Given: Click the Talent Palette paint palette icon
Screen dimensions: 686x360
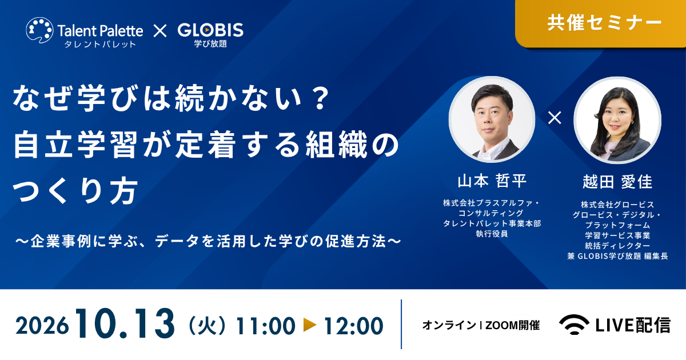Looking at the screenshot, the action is pyautogui.click(x=39, y=30).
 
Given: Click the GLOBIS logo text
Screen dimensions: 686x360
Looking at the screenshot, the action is pyautogui.click(x=210, y=30).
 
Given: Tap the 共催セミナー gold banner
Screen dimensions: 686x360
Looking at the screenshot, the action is pyautogui.click(x=601, y=23).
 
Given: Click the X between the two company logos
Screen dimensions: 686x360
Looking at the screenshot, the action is pyautogui.click(x=160, y=31).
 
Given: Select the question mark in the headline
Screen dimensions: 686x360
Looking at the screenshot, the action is pyautogui.click(x=321, y=98).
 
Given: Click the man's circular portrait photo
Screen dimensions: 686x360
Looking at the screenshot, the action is pyautogui.click(x=492, y=119).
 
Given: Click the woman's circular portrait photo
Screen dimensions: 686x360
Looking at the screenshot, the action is pyautogui.click(x=617, y=119).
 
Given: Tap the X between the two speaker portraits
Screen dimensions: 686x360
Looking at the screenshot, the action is pyautogui.click(x=555, y=118).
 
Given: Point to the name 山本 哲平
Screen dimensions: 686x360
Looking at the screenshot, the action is pyautogui.click(x=492, y=181).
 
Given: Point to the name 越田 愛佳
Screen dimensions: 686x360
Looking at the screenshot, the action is pyautogui.click(x=617, y=182).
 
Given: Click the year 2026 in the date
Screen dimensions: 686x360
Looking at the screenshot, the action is pyautogui.click(x=42, y=326).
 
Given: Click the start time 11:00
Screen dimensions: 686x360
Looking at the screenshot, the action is pyautogui.click(x=265, y=326).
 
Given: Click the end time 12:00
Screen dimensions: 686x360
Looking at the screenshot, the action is pyautogui.click(x=354, y=326).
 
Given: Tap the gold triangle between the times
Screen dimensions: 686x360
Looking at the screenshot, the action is pyautogui.click(x=310, y=325).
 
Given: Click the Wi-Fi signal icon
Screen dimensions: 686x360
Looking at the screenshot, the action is pyautogui.click(x=574, y=325).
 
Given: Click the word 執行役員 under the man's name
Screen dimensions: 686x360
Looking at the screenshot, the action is pyautogui.click(x=492, y=234).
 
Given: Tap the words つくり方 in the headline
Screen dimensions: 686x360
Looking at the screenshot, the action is pyautogui.click(x=75, y=191).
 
